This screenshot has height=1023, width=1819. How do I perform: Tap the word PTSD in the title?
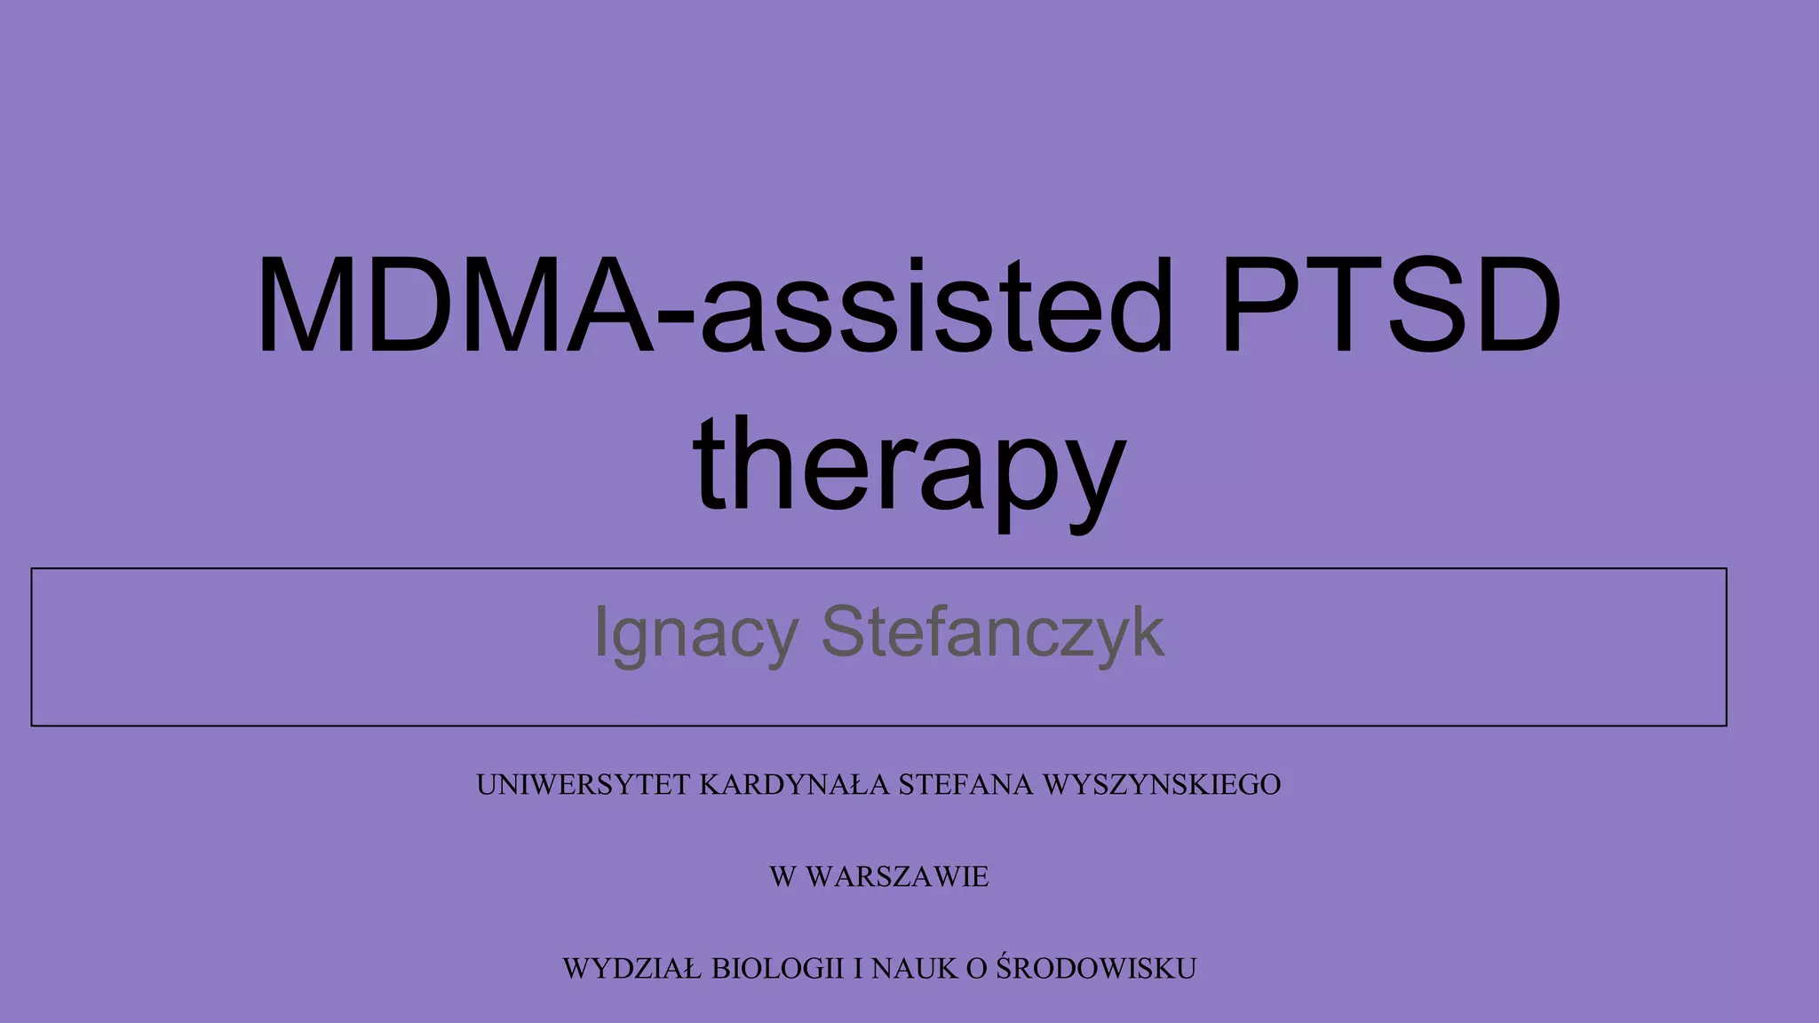(x=1391, y=305)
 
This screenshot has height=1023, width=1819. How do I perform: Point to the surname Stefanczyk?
(x=992, y=631)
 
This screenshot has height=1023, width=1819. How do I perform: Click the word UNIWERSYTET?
(x=584, y=785)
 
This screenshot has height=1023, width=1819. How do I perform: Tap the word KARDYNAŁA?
(x=794, y=785)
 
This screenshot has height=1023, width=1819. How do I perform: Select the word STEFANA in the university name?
(x=966, y=785)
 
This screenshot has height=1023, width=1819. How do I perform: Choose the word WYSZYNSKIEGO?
(x=1162, y=785)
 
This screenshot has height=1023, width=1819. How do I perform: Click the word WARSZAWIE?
(x=897, y=877)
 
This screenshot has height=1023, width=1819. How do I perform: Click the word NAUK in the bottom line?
(x=915, y=969)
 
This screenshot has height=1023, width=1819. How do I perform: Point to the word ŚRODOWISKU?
(x=1096, y=967)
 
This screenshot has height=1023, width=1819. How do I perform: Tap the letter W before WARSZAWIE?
(x=782, y=877)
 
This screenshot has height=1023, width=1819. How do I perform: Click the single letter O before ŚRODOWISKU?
(x=976, y=969)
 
